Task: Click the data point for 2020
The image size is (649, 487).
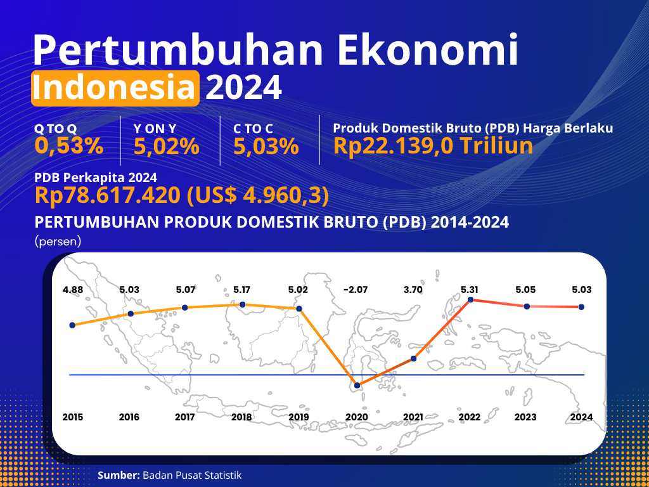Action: coord(357,386)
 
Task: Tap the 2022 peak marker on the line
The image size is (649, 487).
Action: coord(471,299)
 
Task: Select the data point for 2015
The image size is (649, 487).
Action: coord(72,325)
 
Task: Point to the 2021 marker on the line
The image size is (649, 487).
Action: coord(413,359)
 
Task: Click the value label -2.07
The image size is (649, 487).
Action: coord(355,290)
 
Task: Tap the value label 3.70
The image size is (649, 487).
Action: coord(413,290)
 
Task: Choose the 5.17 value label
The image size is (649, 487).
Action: coord(242,290)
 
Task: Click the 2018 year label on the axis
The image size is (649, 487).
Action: coord(241,417)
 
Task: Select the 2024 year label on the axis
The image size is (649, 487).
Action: coord(582,417)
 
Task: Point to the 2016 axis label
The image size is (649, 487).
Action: coord(129,417)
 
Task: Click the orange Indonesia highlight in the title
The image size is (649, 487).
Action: coord(115,88)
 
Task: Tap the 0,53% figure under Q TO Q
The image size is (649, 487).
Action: coord(69,146)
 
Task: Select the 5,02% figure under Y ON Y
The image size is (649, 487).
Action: coord(167,146)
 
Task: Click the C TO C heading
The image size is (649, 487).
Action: coord(254,129)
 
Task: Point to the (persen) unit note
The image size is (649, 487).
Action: coord(58,242)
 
